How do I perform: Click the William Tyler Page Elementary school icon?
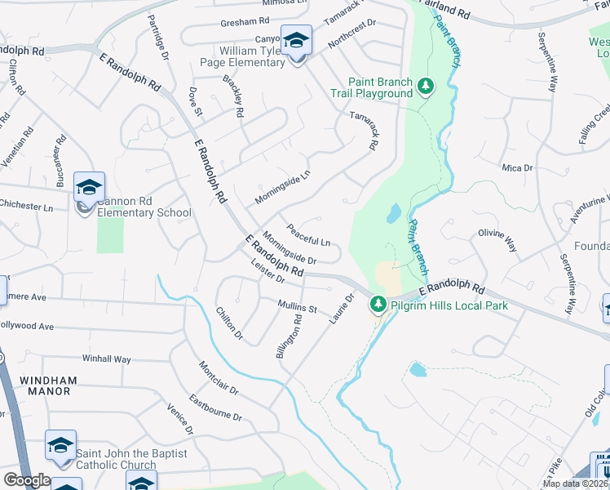click(x=296, y=40)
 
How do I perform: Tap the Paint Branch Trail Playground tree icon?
click(x=425, y=86)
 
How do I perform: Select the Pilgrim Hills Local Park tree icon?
click(x=378, y=305)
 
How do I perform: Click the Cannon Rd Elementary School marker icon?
click(x=88, y=188)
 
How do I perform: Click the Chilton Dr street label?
click(x=229, y=323)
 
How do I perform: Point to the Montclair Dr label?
click(x=218, y=378)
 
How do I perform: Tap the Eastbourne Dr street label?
click(x=215, y=408)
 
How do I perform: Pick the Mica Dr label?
click(x=517, y=167)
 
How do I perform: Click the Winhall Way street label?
click(x=106, y=359)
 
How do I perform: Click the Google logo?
click(x=27, y=479)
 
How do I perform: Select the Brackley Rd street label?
click(x=233, y=97)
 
